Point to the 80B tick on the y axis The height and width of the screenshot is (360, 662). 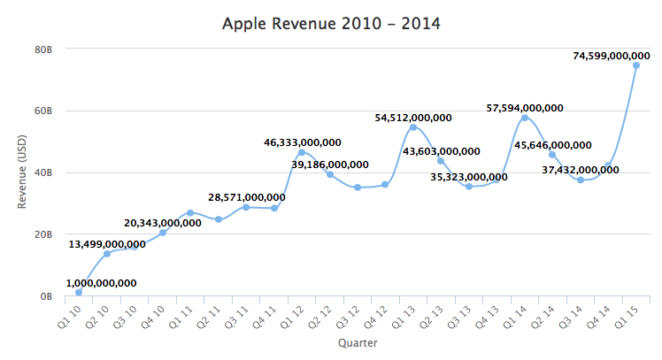coord(43,50)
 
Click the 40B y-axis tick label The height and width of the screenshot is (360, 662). coord(43,173)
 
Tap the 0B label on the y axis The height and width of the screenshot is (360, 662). coord(46,296)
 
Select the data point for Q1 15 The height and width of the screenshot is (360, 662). coord(635,65)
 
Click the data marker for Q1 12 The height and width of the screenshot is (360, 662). coord(302,153)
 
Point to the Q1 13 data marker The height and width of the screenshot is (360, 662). coord(413,127)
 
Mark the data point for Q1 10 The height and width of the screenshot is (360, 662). coord(79,292)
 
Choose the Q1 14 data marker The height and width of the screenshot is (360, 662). coord(525,118)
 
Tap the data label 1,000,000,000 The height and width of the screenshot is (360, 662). coord(101,283)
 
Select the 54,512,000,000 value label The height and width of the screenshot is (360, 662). coord(413,118)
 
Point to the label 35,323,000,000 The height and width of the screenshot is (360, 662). coord(469,177)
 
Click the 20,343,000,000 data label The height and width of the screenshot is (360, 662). coord(163,223)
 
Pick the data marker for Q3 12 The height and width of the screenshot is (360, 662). coord(358,188)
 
